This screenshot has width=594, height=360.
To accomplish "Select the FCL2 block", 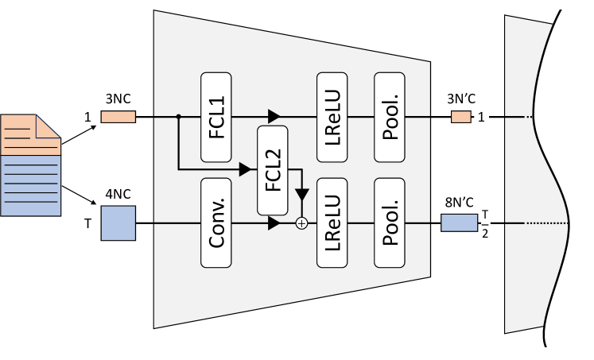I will [273, 170].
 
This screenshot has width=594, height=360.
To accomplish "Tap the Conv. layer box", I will [216, 223].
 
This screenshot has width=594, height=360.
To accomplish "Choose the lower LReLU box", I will [332, 223].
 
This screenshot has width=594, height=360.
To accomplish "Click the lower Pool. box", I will [390, 223].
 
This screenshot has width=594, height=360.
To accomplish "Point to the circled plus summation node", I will [301, 223].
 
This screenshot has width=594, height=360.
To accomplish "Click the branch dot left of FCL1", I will [178, 117].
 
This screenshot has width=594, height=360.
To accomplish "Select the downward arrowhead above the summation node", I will [301, 195].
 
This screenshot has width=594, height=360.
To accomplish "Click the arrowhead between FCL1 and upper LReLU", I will [274, 117].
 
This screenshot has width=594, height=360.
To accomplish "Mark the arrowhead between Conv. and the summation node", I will [274, 223].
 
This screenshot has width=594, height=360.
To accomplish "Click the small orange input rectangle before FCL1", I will [118, 117].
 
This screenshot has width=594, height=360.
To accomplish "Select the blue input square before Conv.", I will [118, 223].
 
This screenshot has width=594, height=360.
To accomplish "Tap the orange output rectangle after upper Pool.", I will [461, 117].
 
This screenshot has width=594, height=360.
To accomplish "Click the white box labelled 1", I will [481, 118].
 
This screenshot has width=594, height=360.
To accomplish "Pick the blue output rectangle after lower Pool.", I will [458, 223].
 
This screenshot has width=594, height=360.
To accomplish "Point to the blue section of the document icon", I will [30, 184].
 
